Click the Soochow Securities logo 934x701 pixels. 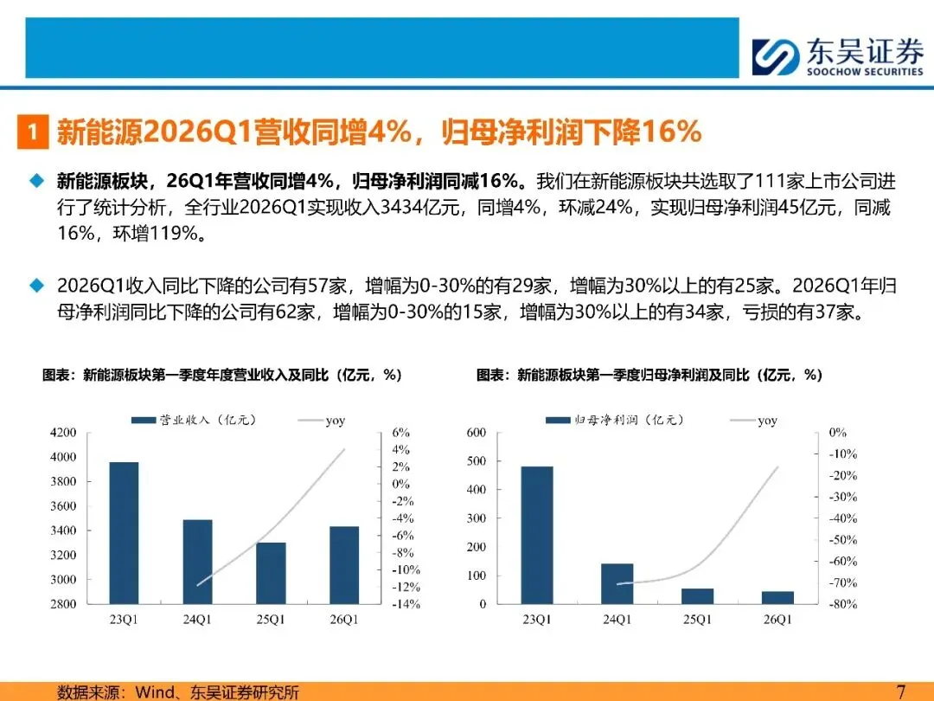tap(837, 56)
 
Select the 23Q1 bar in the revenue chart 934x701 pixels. tap(124, 533)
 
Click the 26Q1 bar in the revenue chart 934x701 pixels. tap(344, 565)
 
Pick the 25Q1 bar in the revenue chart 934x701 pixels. tap(271, 573)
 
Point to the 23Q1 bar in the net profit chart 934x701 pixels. tap(537, 536)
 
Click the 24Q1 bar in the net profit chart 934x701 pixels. tap(617, 583)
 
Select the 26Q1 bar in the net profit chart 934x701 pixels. tap(778, 597)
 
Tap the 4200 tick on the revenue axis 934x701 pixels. tap(63, 432)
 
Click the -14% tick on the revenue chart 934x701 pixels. tap(406, 604)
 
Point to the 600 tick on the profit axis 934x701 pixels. tap(476, 432)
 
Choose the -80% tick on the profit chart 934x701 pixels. tap(843, 604)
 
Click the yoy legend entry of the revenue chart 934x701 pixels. tap(322, 421)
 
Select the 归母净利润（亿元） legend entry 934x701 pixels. tap(615, 421)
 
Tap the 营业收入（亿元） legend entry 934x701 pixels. tap(195, 421)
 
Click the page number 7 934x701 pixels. tap(900, 691)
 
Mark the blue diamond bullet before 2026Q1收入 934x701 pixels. tap(37, 286)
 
